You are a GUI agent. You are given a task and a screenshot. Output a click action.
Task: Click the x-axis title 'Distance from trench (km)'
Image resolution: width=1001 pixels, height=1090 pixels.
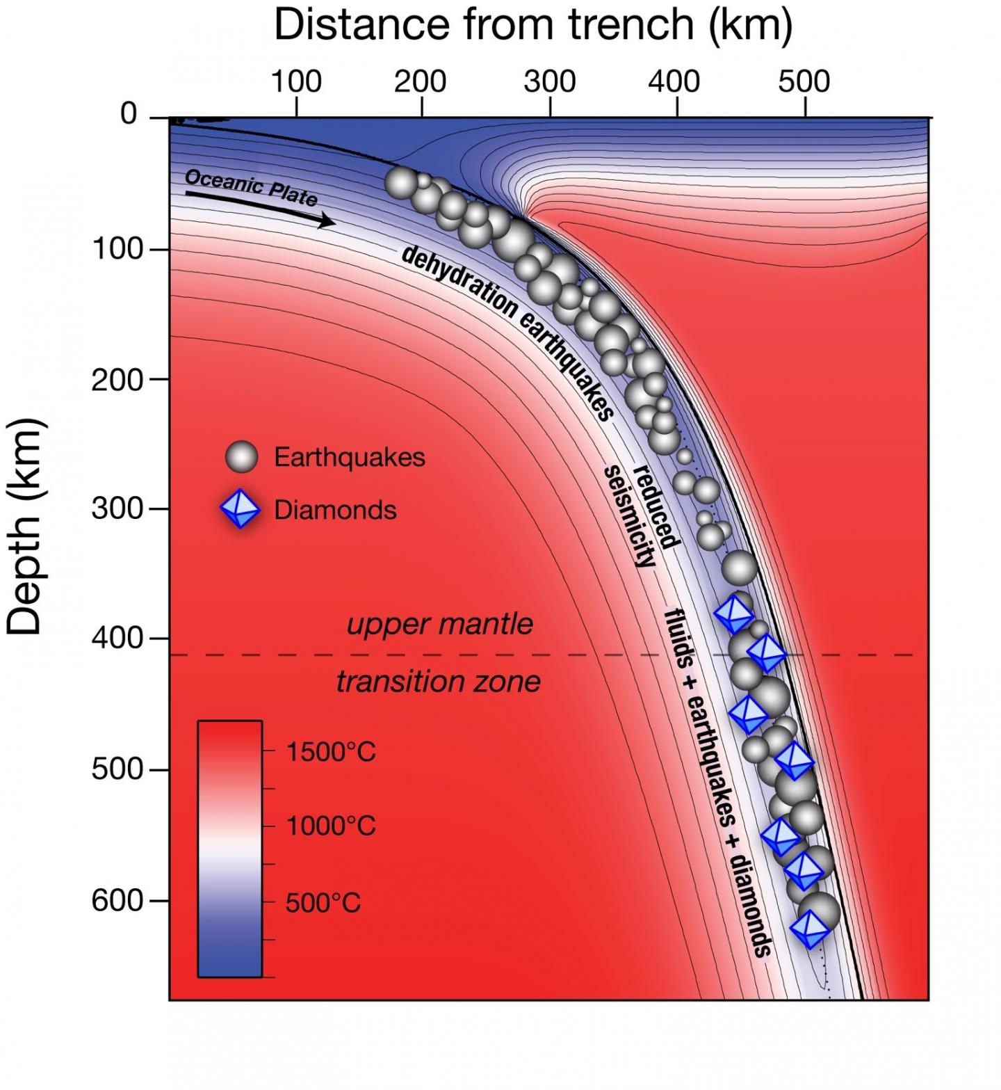(533, 25)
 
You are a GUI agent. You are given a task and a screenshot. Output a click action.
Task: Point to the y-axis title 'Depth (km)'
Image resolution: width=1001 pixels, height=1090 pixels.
(25, 527)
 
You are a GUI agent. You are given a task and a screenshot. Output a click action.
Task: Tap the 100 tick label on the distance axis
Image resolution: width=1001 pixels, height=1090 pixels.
(296, 82)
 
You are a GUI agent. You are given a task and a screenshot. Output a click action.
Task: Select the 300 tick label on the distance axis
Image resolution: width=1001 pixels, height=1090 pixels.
(550, 82)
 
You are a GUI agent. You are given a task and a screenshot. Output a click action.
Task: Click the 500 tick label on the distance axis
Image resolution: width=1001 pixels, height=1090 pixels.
(804, 82)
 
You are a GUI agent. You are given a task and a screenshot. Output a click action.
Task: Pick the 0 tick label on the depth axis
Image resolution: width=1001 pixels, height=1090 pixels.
(129, 113)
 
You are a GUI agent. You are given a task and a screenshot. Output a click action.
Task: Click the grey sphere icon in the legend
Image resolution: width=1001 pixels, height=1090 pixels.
(241, 457)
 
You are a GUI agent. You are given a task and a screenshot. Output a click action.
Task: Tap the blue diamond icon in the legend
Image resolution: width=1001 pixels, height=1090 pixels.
(240, 510)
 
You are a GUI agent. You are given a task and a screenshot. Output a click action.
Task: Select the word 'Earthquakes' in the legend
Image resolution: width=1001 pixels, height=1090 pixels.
(349, 458)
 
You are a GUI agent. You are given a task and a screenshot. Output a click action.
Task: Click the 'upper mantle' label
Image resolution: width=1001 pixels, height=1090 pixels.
(439, 624)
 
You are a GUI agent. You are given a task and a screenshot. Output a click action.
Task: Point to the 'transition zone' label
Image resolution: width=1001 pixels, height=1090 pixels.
(438, 682)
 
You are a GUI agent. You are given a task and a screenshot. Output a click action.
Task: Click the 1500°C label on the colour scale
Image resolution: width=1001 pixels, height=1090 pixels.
(330, 752)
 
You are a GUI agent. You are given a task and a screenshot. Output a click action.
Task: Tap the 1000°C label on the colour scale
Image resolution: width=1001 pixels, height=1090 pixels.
(330, 826)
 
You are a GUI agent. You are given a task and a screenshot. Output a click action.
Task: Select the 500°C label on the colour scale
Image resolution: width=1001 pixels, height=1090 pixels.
(323, 903)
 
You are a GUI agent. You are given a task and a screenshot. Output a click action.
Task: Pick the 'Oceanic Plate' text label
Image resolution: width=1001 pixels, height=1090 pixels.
(251, 187)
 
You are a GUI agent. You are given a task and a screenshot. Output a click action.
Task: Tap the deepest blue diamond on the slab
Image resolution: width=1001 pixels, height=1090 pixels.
(810, 928)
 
